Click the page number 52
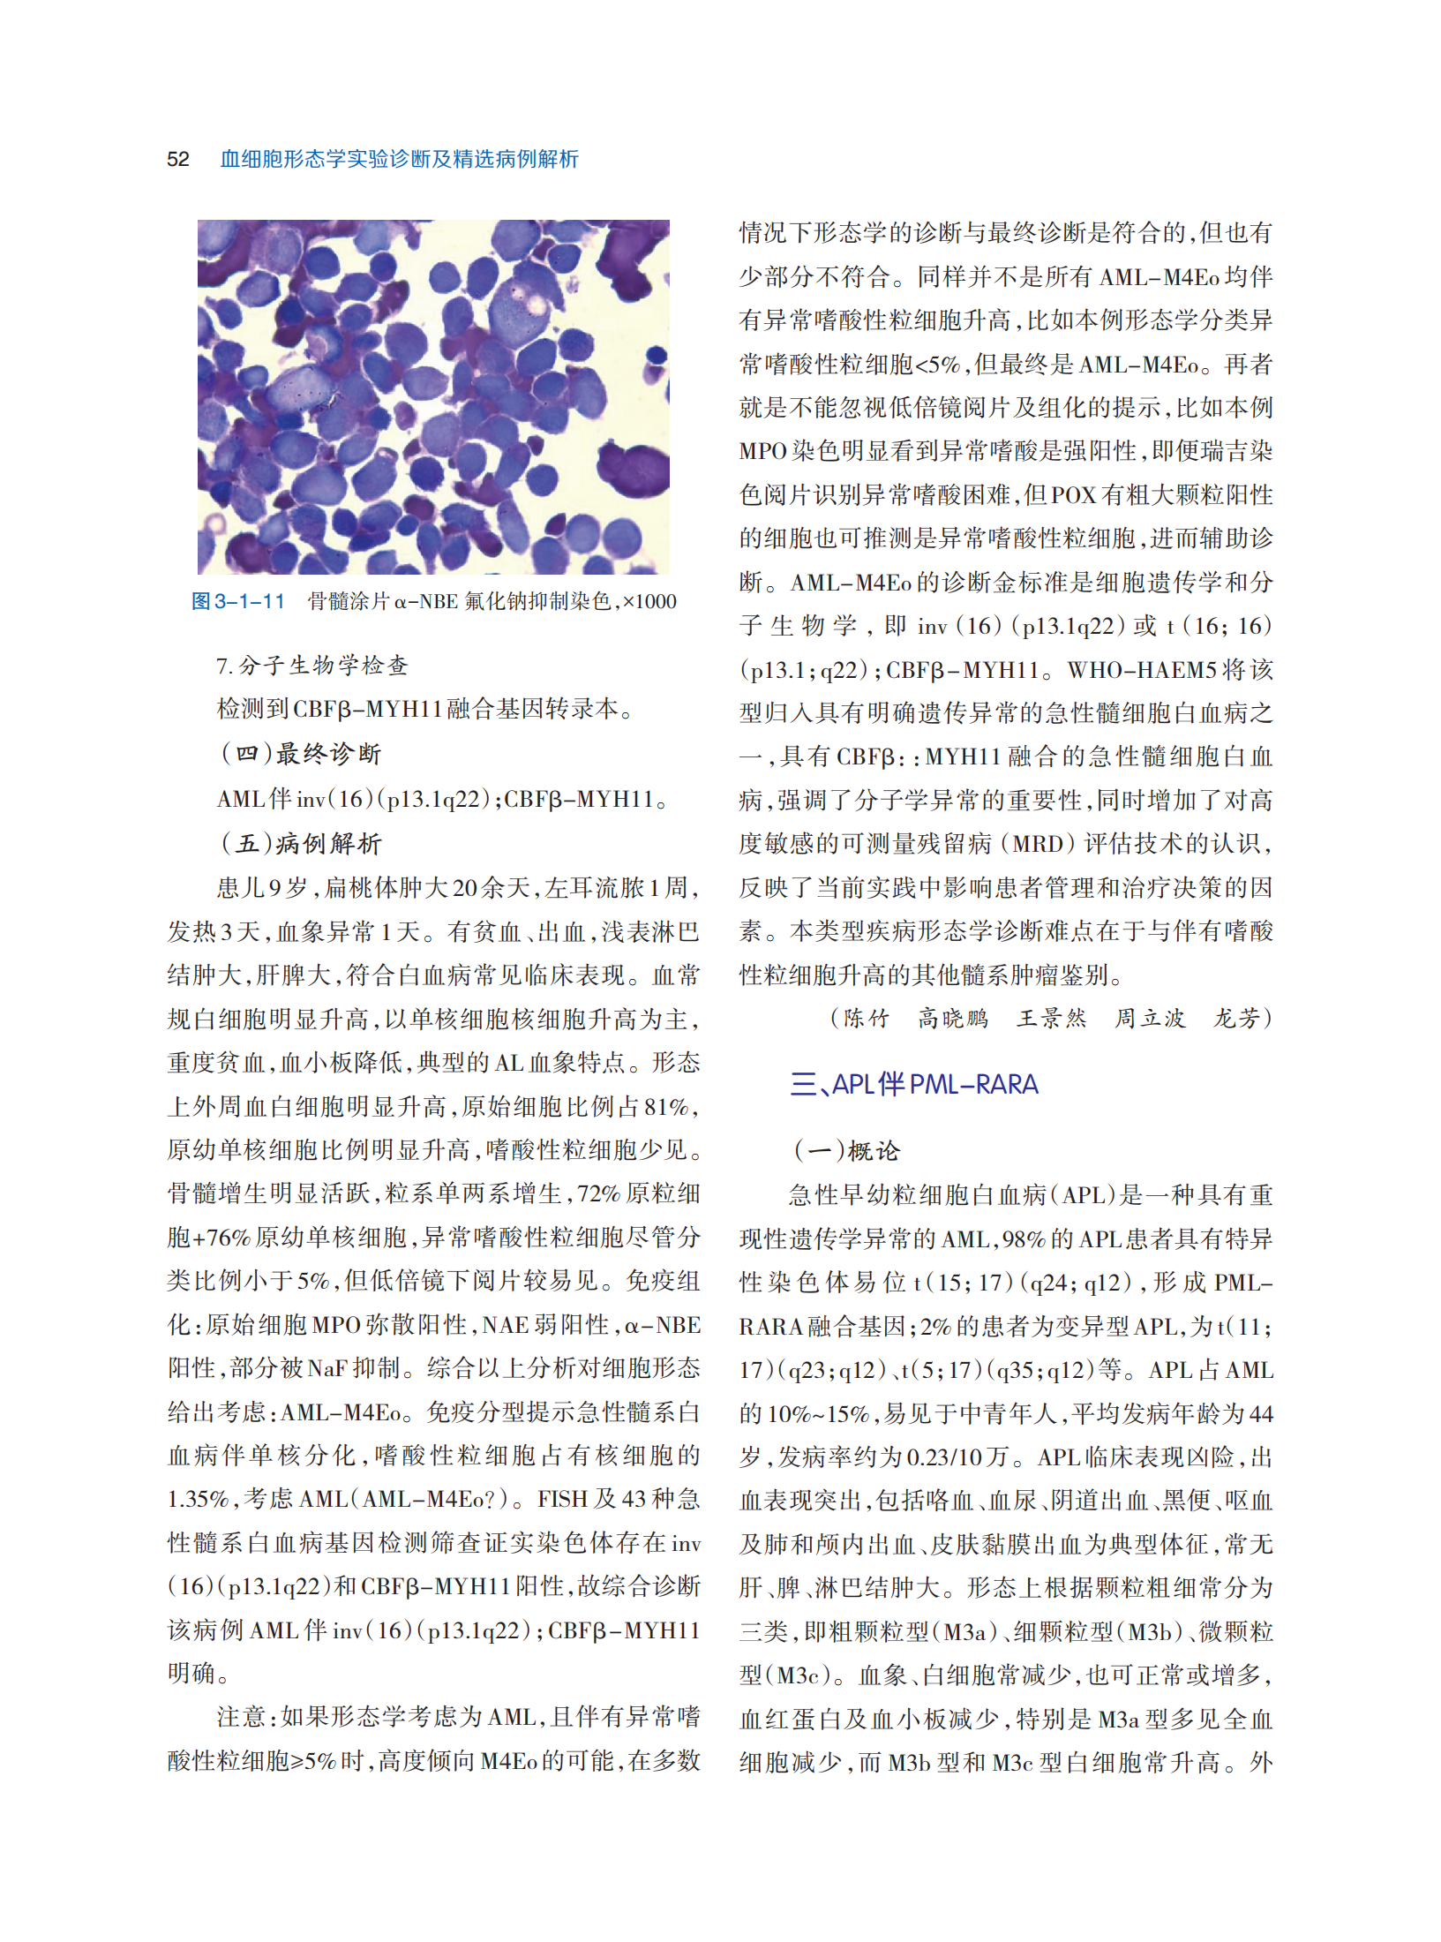(x=177, y=159)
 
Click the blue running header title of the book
(x=399, y=159)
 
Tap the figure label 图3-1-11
(x=238, y=601)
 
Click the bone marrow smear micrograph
(x=433, y=396)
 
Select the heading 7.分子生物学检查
(x=312, y=666)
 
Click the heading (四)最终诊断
(x=300, y=753)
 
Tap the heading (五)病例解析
(x=300, y=843)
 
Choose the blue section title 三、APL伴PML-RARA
(x=913, y=1084)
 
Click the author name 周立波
(x=1149, y=1019)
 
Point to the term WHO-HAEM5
(x=1144, y=670)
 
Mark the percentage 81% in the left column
(x=665, y=1106)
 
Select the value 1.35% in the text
(x=199, y=1499)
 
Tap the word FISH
(x=564, y=1499)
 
